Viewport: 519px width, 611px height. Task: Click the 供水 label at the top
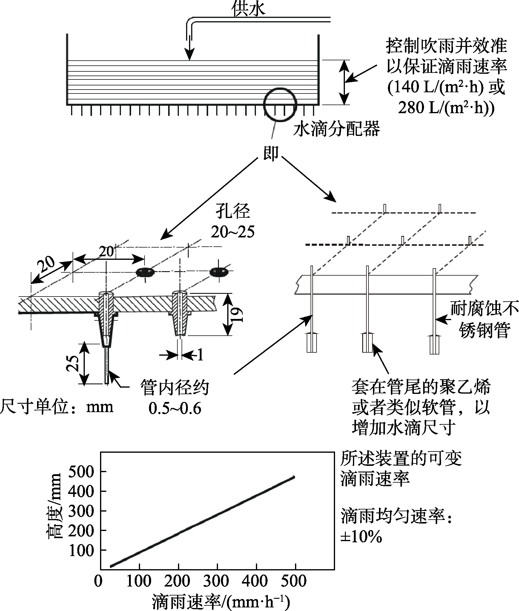pyautogui.click(x=248, y=9)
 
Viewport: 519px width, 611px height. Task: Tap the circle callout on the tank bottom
pyautogui.click(x=280, y=104)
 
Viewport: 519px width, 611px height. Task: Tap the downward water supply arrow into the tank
pyautogui.click(x=189, y=49)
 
